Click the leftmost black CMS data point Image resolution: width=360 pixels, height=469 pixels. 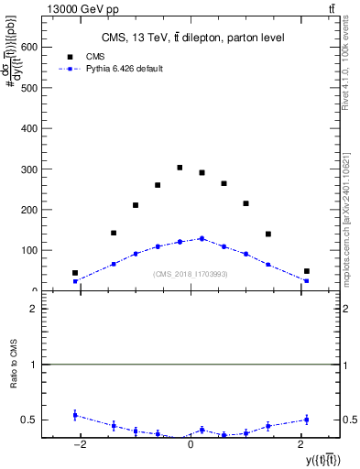75,273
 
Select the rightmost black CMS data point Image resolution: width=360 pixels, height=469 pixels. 307,271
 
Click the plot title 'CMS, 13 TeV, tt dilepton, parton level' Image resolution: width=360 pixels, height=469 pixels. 192,38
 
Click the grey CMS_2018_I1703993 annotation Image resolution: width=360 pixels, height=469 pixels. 191,274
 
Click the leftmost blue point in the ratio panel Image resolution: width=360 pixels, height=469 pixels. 75,415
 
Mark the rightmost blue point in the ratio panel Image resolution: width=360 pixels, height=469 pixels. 307,420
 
